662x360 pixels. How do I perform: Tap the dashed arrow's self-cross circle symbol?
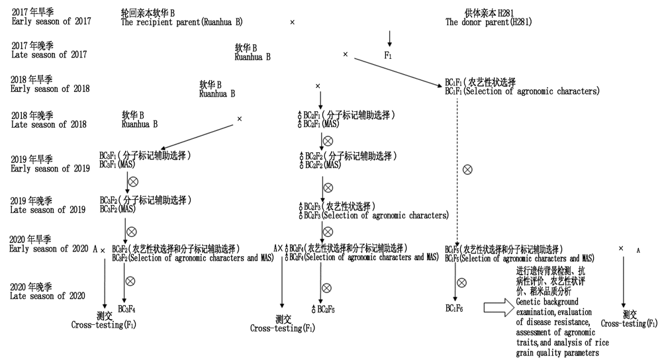pyautogui.click(x=467, y=169)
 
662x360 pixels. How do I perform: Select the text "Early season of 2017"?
pyautogui.click(x=51, y=22)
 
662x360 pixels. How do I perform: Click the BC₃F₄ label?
pyautogui.click(x=126, y=308)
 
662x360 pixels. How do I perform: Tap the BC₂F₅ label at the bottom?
pyautogui.click(x=324, y=309)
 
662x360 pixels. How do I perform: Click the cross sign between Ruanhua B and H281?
pyautogui.click(x=293, y=22)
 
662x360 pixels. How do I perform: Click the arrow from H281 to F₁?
pyautogui.click(x=389, y=37)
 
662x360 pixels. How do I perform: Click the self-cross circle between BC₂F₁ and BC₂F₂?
pyautogui.click(x=326, y=140)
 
